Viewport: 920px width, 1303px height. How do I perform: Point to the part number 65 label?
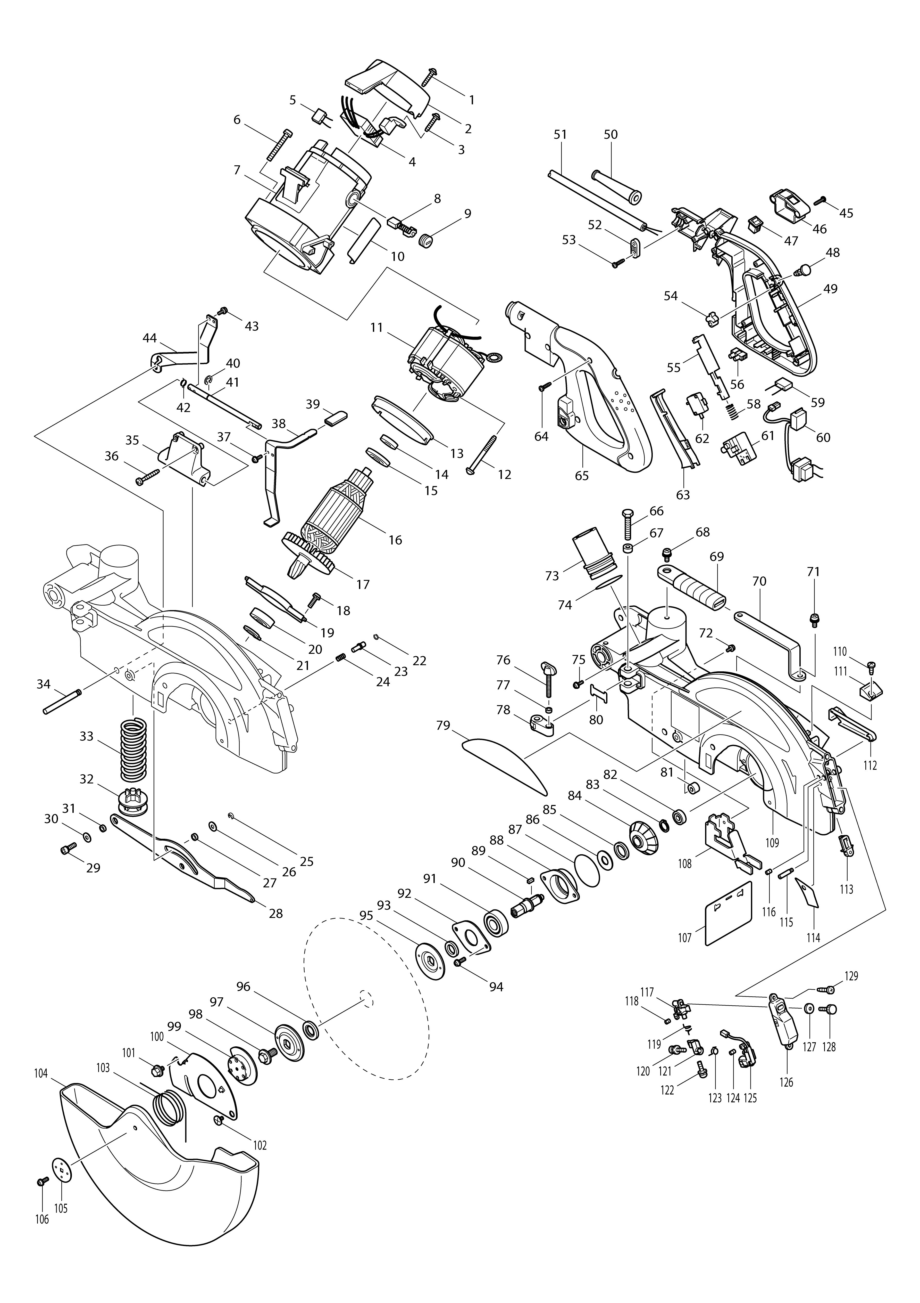tap(582, 476)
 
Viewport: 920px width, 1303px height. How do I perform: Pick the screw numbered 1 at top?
tap(429, 76)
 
